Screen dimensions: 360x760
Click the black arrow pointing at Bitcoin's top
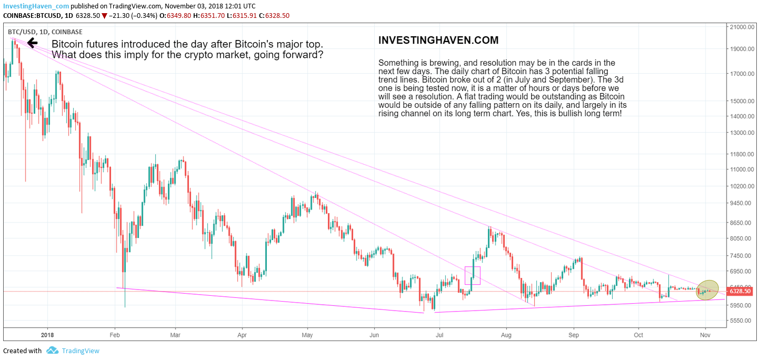(32, 43)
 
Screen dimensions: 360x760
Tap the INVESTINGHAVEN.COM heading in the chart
(438, 41)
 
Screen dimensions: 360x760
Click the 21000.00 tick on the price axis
(742, 27)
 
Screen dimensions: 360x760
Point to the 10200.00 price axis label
(742, 186)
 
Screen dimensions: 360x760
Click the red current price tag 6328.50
(739, 291)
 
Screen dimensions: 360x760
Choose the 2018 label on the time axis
(47, 334)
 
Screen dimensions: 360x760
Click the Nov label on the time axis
(705, 334)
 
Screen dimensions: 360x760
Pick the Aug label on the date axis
(506, 334)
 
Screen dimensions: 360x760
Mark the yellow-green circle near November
(707, 290)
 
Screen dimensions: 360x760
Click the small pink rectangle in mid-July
(473, 275)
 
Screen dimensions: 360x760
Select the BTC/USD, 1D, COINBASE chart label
(45, 32)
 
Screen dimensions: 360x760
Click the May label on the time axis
(308, 334)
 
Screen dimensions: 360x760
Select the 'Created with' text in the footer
(22, 351)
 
